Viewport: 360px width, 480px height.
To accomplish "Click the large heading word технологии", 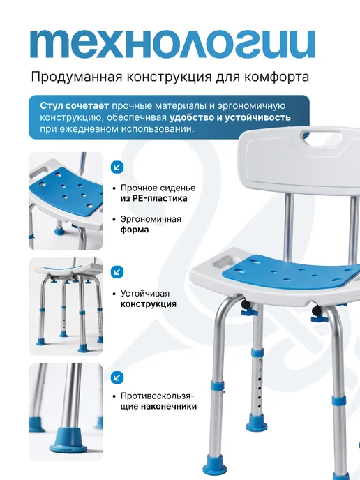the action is (172, 45).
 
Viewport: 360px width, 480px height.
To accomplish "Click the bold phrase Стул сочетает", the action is (75, 106).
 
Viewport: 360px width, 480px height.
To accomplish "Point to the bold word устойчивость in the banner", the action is (257, 117).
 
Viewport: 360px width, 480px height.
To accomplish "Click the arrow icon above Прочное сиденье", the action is (117, 167).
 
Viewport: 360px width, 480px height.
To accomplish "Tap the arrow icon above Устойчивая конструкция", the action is (117, 272).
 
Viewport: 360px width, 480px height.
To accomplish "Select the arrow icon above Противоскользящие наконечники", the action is (117, 377).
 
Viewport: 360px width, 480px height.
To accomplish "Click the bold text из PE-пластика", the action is (153, 198).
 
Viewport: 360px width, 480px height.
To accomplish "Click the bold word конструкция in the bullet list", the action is (149, 304).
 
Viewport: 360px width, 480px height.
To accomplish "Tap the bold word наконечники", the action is (169, 407).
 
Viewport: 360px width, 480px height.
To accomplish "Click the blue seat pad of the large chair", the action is (291, 275).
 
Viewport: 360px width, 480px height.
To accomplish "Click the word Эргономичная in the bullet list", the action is (151, 220).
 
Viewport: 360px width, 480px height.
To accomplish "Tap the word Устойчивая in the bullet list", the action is (145, 294).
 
